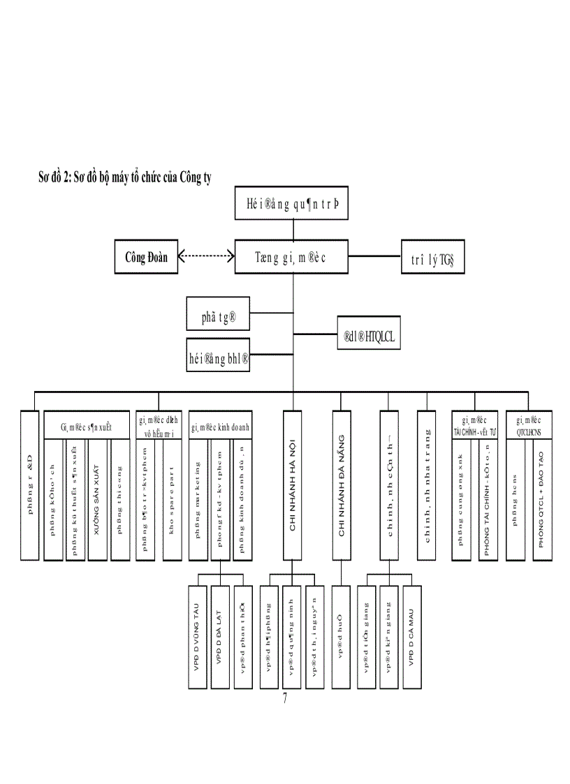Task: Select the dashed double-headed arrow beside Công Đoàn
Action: [206, 256]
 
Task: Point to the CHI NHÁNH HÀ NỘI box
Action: [293, 485]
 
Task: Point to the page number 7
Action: [284, 699]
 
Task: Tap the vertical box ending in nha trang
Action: [427, 485]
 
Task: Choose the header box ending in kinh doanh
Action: [220, 425]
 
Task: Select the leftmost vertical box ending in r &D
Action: [30, 485]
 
